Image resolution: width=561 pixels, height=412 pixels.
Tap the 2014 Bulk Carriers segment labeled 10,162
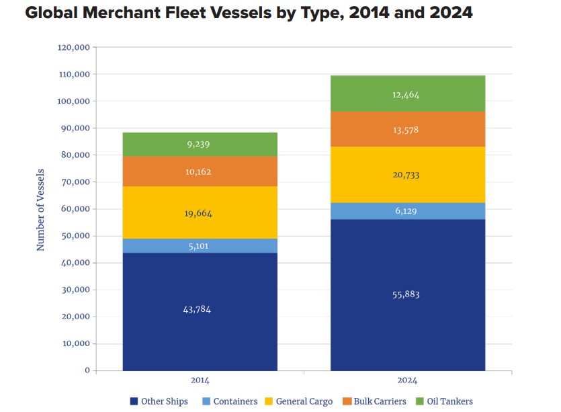[200, 171]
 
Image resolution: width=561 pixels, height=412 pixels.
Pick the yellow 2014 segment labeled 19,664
[200, 213]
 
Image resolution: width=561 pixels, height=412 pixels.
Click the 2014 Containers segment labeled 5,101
[200, 246]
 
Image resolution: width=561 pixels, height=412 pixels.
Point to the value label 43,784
[200, 309]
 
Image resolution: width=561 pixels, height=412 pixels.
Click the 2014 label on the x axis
[200, 380]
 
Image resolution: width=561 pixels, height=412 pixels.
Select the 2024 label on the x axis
[407, 380]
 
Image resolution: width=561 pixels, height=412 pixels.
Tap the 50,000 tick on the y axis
[74, 236]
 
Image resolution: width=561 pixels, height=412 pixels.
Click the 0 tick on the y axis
[87, 370]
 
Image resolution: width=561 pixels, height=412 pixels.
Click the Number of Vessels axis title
[40, 210]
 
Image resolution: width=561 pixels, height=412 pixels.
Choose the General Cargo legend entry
[299, 401]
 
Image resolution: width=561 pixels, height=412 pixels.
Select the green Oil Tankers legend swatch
[421, 401]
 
